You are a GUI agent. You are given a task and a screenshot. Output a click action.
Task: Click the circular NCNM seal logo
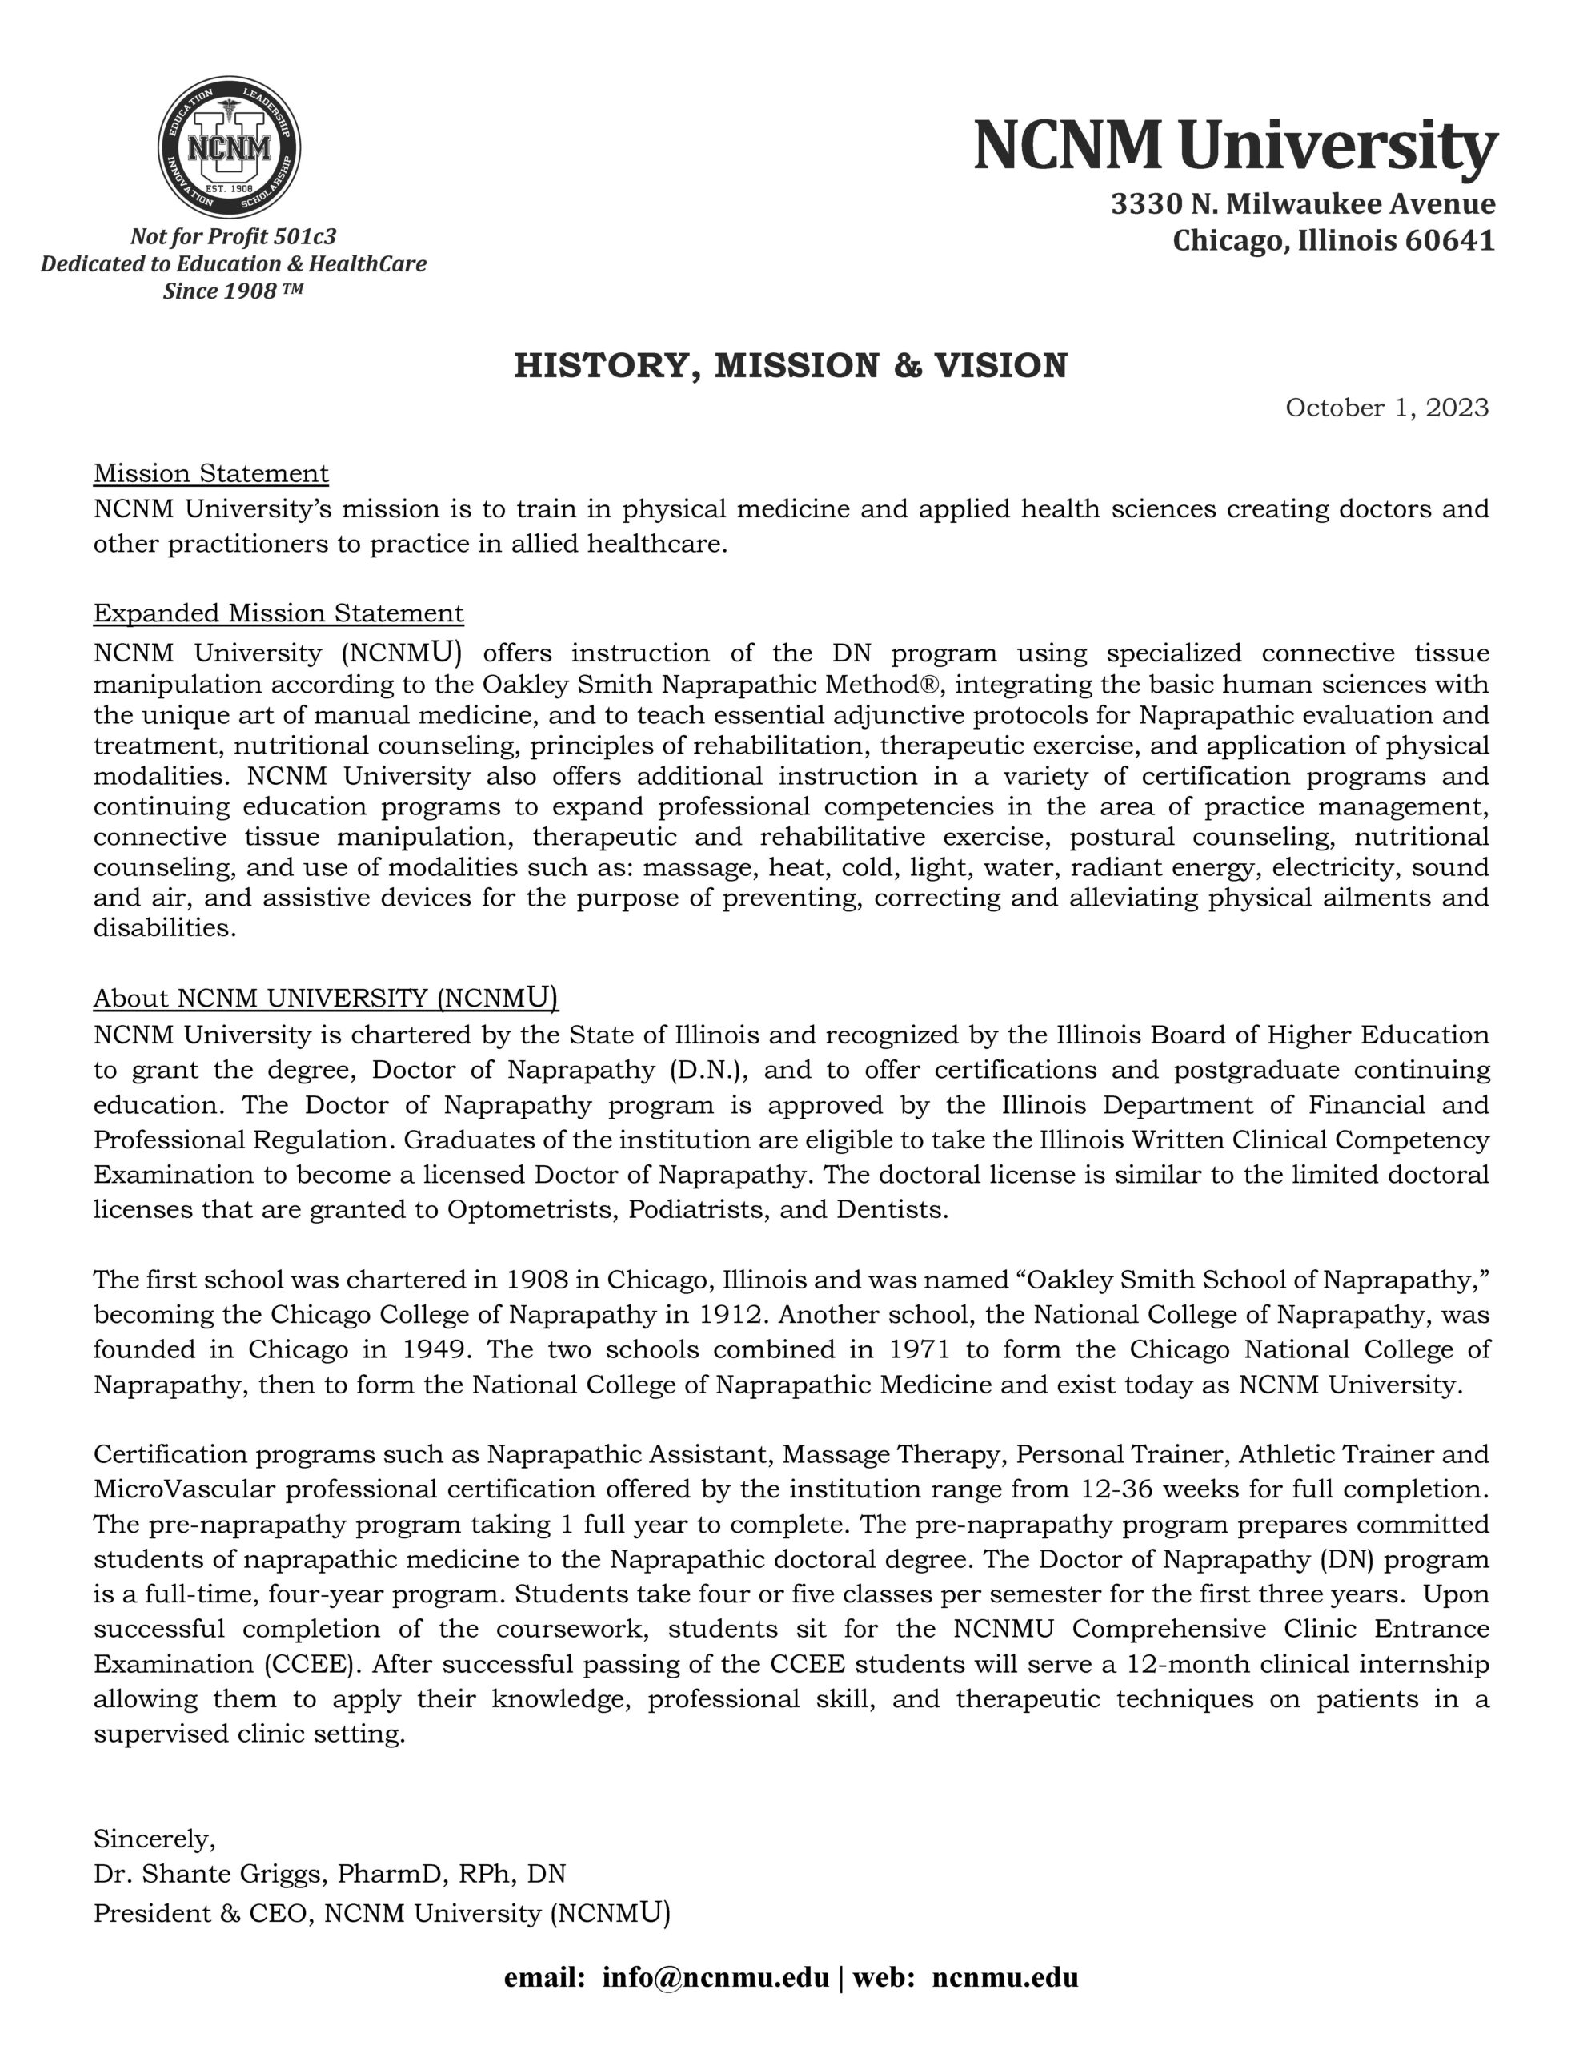point(229,147)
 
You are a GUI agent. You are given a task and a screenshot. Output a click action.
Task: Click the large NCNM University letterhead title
point(1234,146)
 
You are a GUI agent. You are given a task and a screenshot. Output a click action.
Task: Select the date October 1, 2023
point(1386,408)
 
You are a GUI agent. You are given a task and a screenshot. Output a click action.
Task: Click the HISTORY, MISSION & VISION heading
point(790,365)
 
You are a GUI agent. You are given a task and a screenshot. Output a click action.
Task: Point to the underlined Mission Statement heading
point(211,473)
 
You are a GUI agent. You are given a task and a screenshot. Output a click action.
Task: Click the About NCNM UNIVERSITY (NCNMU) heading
point(326,997)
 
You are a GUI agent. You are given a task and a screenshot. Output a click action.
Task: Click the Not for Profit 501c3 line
point(233,236)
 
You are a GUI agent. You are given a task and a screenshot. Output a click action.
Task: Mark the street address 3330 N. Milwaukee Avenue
point(1302,203)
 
